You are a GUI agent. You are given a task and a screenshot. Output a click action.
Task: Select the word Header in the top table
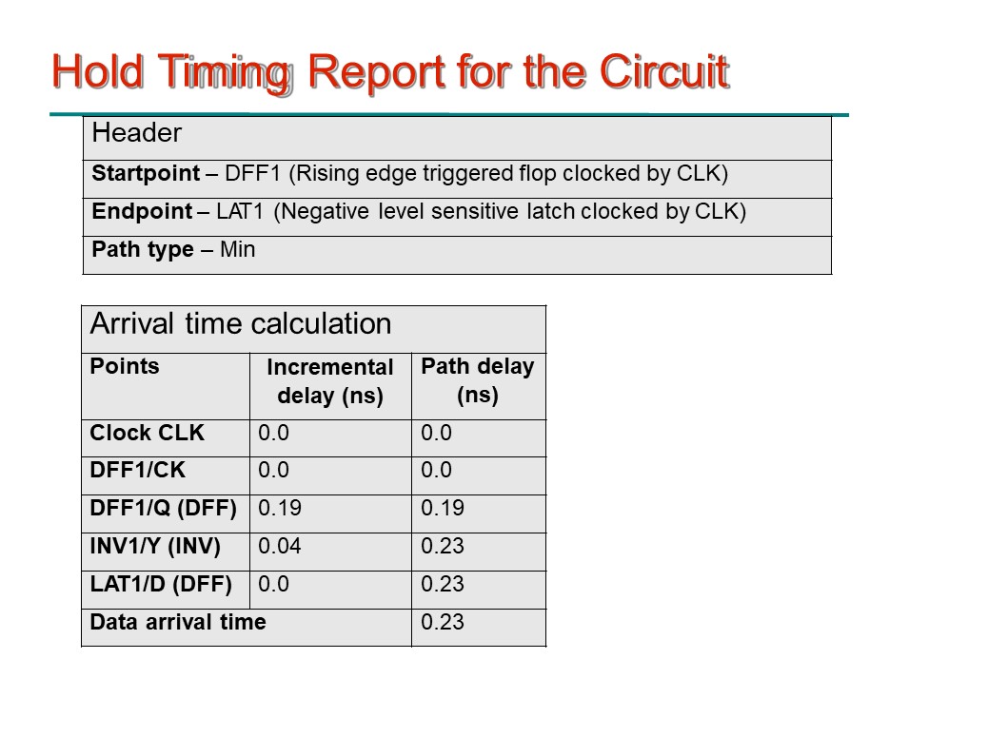[x=136, y=132]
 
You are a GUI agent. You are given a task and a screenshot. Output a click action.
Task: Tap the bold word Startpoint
[x=146, y=173]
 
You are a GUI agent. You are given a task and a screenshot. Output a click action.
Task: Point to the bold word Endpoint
[x=142, y=211]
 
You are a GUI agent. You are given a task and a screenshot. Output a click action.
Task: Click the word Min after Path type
[x=237, y=249]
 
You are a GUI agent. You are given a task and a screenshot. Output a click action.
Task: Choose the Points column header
[x=125, y=366]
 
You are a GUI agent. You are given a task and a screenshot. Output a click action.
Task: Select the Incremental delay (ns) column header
[x=329, y=381]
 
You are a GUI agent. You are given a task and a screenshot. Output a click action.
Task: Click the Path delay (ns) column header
[x=478, y=380]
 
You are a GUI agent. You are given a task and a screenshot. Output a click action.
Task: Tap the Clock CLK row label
[x=148, y=433]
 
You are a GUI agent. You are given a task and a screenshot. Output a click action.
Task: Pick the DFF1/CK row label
[x=138, y=470]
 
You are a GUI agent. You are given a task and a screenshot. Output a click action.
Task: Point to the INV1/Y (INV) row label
[x=155, y=546]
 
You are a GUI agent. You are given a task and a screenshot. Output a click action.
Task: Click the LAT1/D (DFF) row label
[x=161, y=584]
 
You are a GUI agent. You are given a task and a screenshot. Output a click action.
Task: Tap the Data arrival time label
[x=178, y=622]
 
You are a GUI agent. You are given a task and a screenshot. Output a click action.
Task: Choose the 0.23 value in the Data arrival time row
[x=443, y=622]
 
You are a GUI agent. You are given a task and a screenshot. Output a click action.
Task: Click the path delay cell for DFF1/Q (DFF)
[x=443, y=508]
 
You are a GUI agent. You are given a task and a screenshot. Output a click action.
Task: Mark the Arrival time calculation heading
[x=241, y=323]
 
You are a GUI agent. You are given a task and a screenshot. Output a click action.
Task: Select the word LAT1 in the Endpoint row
[x=240, y=211]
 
